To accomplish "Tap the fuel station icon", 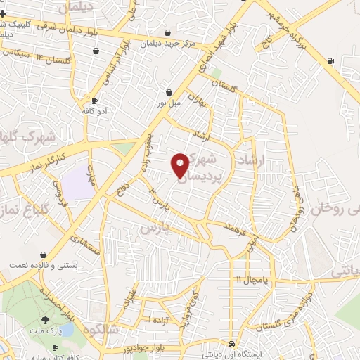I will point(330,60).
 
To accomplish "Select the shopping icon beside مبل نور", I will point(169,92).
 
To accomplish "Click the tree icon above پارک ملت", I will point(46,321).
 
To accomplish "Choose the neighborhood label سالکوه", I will point(102,330).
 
